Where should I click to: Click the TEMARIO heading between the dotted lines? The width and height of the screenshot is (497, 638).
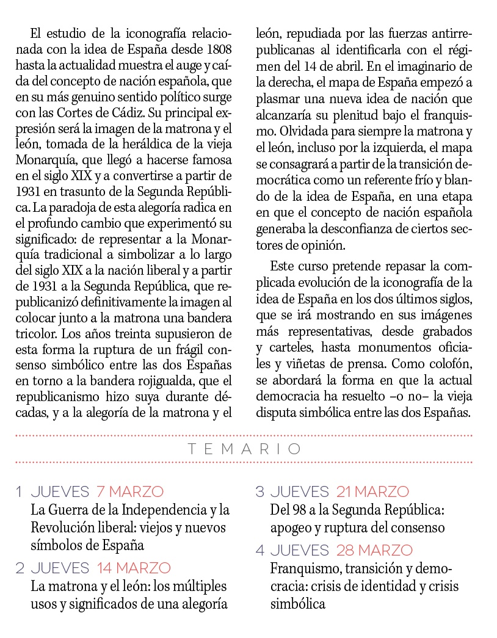pyautogui.click(x=244, y=449)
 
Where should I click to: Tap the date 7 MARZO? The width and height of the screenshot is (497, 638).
pyautogui.click(x=129, y=491)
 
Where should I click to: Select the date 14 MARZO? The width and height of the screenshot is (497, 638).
pyautogui.click(x=134, y=568)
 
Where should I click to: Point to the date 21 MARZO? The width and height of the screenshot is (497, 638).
pyautogui.click(x=372, y=491)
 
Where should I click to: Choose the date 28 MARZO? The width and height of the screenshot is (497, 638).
pyautogui.click(x=374, y=549)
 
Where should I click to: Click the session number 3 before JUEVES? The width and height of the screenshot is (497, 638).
pyautogui.click(x=259, y=491)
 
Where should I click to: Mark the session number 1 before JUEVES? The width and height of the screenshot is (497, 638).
pyautogui.click(x=20, y=491)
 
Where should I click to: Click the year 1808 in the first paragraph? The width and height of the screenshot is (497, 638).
pyautogui.click(x=219, y=48)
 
